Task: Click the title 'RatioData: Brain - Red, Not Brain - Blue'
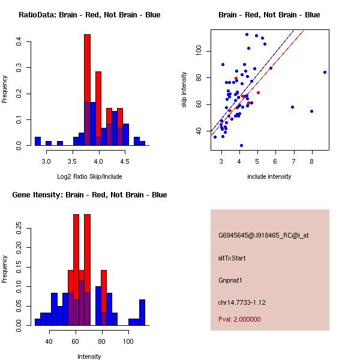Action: click(x=89, y=15)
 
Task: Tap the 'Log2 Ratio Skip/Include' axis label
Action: click(x=89, y=176)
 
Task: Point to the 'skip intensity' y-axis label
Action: click(x=185, y=90)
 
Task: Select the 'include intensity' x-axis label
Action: click(x=269, y=176)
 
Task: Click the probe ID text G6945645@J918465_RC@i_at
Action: click(x=263, y=236)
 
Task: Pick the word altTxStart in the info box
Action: click(x=232, y=258)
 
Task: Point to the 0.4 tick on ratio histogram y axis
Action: click(x=19, y=42)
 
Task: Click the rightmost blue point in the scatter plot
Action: click(x=325, y=72)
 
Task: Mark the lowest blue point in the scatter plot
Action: click(x=241, y=145)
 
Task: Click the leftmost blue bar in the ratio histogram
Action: click(x=37, y=142)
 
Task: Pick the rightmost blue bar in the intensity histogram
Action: click(x=142, y=312)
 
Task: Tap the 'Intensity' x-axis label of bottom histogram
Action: click(x=89, y=356)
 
